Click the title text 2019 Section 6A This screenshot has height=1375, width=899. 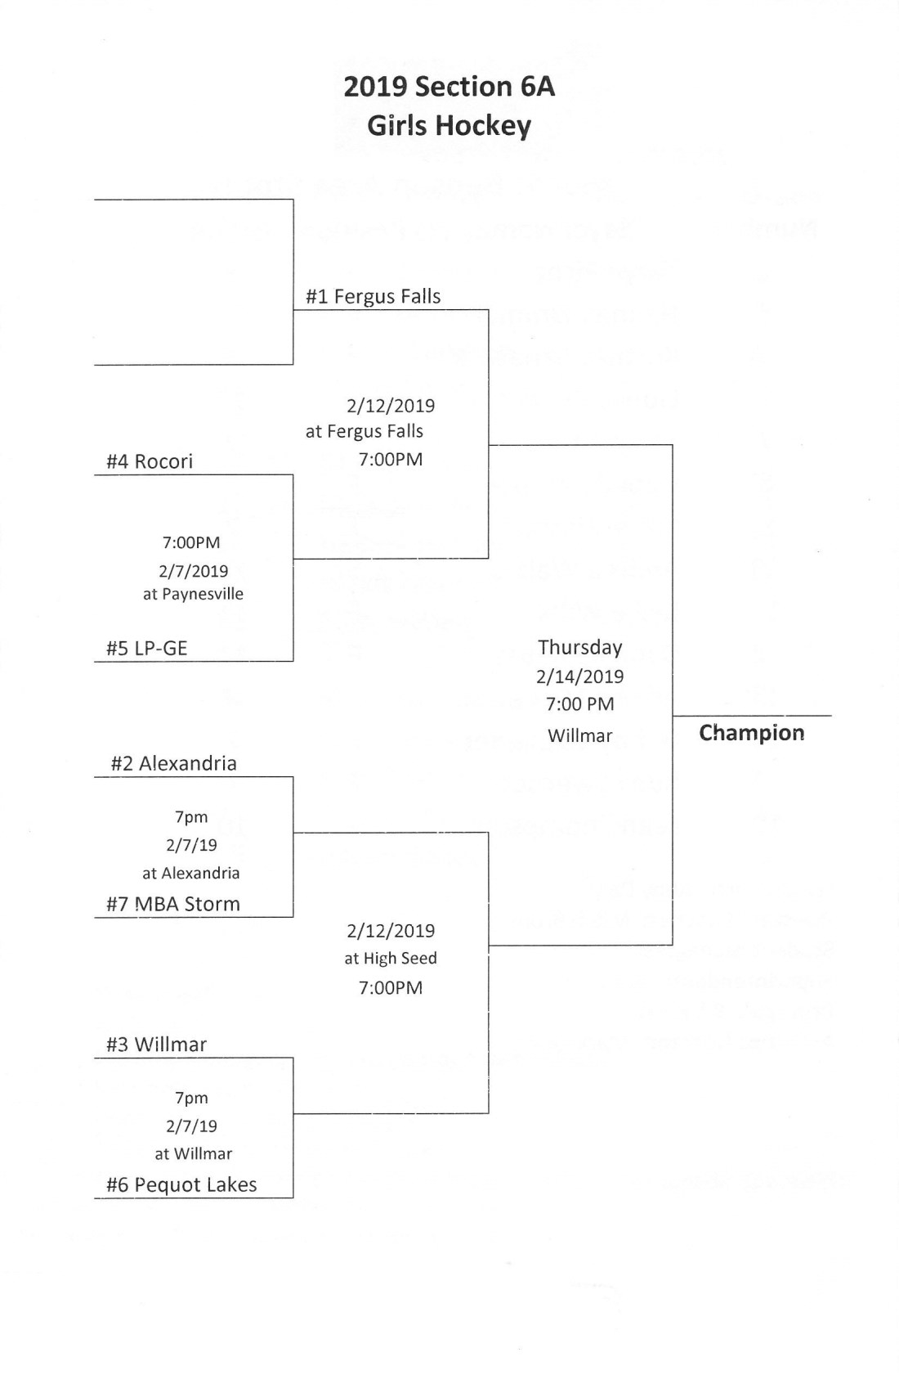pos(449,87)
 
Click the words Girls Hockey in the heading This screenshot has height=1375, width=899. pos(449,126)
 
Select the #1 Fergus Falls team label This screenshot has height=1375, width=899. pos(373,296)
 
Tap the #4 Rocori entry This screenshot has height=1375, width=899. pos(150,461)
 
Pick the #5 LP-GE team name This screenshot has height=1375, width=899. pos(146,649)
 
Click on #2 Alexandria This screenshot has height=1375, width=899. pos(173,763)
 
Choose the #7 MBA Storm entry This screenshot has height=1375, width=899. pos(172,904)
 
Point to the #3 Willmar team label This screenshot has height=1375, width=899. pos(156,1045)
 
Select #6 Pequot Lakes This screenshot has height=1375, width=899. pos(181,1184)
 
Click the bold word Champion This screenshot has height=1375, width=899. pos(751,733)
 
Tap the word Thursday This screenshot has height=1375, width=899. pos(579,647)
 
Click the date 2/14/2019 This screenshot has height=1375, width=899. pos(579,676)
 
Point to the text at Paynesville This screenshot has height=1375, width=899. pos(193,594)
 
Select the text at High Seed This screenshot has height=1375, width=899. pos(390,958)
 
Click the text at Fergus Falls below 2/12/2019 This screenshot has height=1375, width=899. pos(364,431)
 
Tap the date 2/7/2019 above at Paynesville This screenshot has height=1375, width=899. pos(193,571)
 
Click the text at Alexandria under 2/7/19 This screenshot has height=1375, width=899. pos(190,873)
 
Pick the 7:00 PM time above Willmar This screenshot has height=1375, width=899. pos(579,704)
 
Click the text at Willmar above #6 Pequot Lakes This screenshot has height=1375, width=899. pos(193,1153)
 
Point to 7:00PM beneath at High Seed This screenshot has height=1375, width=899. pos(390,987)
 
